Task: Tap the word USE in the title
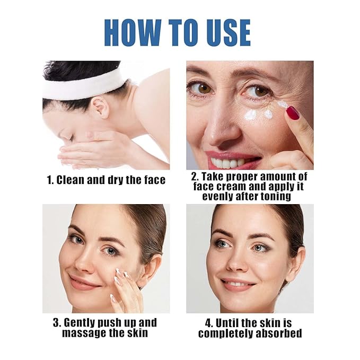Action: [222, 33]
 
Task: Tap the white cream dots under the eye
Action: [258, 114]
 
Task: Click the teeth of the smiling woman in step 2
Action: [229, 162]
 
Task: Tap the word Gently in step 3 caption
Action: [90, 323]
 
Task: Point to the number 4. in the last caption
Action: [210, 323]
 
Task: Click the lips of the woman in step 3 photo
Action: [84, 282]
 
